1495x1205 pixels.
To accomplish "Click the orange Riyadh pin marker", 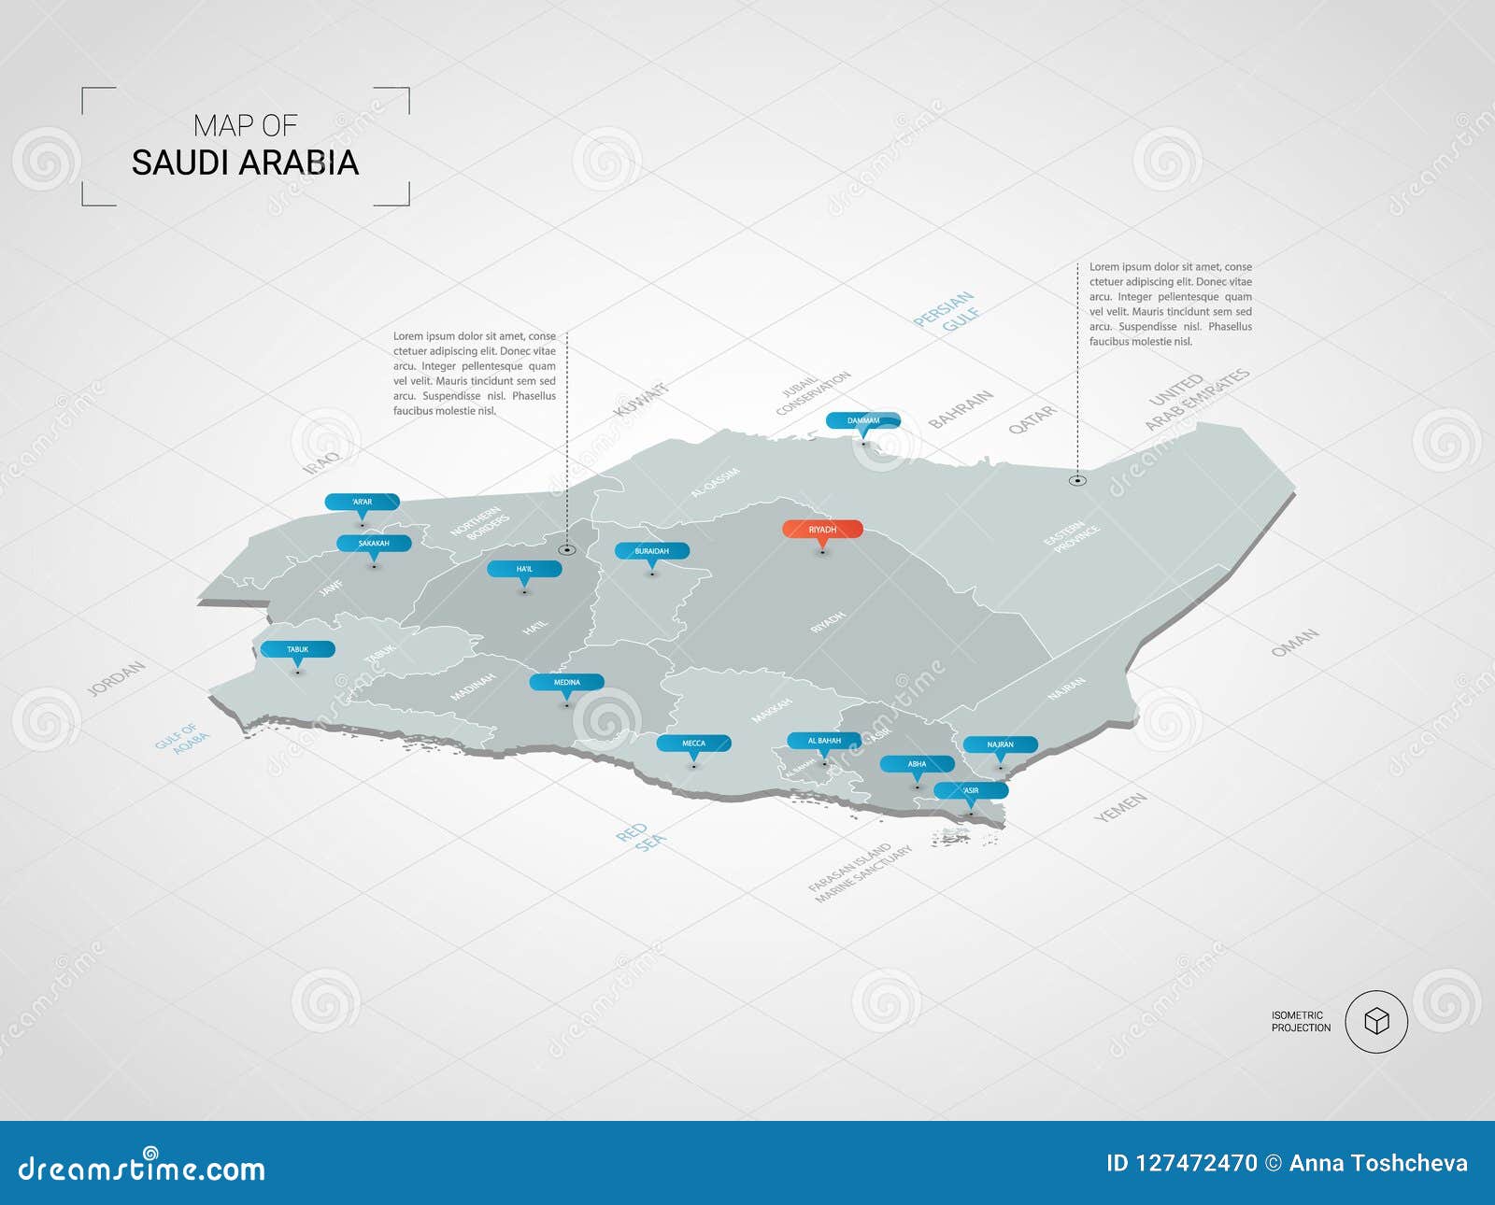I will (x=822, y=530).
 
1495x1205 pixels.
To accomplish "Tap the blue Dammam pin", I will (x=862, y=421).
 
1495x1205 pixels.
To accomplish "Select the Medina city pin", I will (x=566, y=683).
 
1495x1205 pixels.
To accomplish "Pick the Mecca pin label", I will (x=693, y=744).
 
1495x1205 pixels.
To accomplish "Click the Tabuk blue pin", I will (x=297, y=649).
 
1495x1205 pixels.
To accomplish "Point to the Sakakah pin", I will (x=374, y=544).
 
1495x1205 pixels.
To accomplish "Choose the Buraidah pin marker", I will (x=651, y=551).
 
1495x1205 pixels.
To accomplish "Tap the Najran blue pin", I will (x=1000, y=745).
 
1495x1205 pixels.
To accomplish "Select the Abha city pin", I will (x=917, y=764).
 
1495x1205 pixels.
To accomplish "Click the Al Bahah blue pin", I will (x=824, y=741).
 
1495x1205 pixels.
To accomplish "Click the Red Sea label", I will (x=641, y=835).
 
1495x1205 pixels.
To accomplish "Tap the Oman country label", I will (x=1295, y=643).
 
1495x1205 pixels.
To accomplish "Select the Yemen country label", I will (x=1120, y=807).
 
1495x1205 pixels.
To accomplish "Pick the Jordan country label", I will (x=116, y=678).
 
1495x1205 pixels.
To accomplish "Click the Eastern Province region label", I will (x=1072, y=537).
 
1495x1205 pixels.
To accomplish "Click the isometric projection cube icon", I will (x=1376, y=1022).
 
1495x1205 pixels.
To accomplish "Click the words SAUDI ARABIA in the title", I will (x=245, y=163).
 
